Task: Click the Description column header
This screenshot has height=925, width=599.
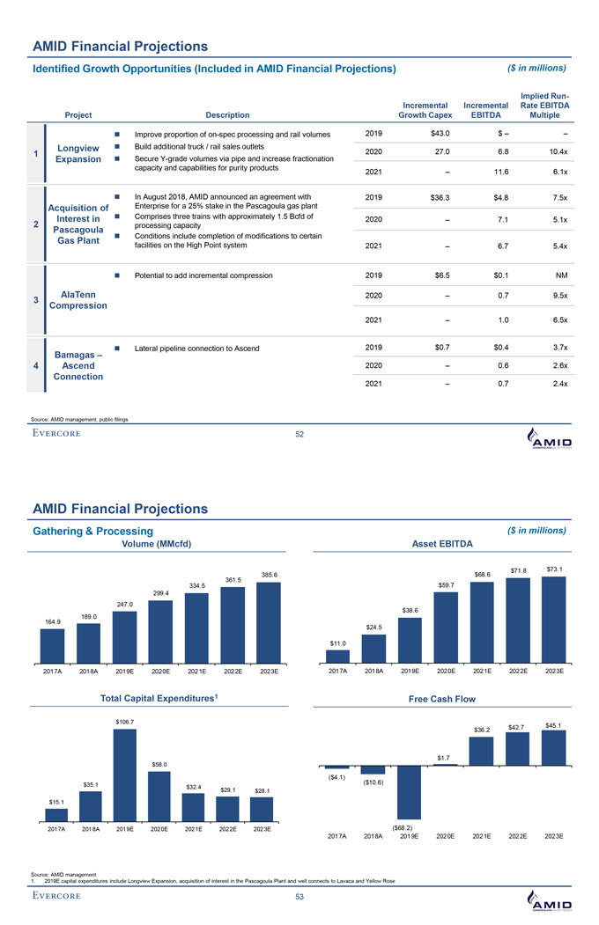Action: click(x=227, y=114)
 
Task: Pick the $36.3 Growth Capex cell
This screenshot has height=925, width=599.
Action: click(x=437, y=197)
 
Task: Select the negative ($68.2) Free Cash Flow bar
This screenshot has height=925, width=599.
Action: click(x=409, y=792)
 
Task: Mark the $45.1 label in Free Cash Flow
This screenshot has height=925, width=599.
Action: click(x=553, y=725)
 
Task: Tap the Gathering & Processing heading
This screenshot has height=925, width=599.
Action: click(x=92, y=531)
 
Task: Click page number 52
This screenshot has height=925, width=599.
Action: click(x=299, y=435)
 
